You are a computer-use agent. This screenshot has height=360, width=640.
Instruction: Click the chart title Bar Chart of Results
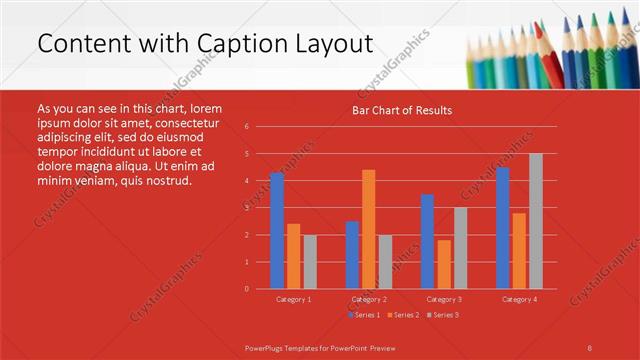point(401,110)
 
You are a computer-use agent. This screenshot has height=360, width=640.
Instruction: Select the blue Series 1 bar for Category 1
point(276,230)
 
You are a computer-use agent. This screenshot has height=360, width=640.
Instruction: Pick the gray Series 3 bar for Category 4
point(535,221)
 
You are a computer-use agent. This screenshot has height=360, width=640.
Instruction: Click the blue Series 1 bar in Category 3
point(427,241)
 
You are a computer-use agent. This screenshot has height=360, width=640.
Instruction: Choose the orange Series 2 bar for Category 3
point(443,264)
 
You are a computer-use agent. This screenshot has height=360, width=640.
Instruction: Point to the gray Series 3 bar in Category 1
point(310,261)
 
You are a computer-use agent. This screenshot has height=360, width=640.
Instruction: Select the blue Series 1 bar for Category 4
point(502,228)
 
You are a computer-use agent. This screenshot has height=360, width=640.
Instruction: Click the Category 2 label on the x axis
point(369,299)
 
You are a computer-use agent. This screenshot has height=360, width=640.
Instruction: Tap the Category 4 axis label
point(518,299)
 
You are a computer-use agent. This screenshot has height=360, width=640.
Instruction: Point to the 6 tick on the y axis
point(246,127)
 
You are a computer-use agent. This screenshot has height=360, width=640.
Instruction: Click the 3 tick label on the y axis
point(246,208)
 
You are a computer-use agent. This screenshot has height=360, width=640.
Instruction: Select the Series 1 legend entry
point(365,315)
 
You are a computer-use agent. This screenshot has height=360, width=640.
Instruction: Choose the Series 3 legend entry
point(443,315)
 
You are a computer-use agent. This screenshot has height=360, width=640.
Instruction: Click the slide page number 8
point(589,347)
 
